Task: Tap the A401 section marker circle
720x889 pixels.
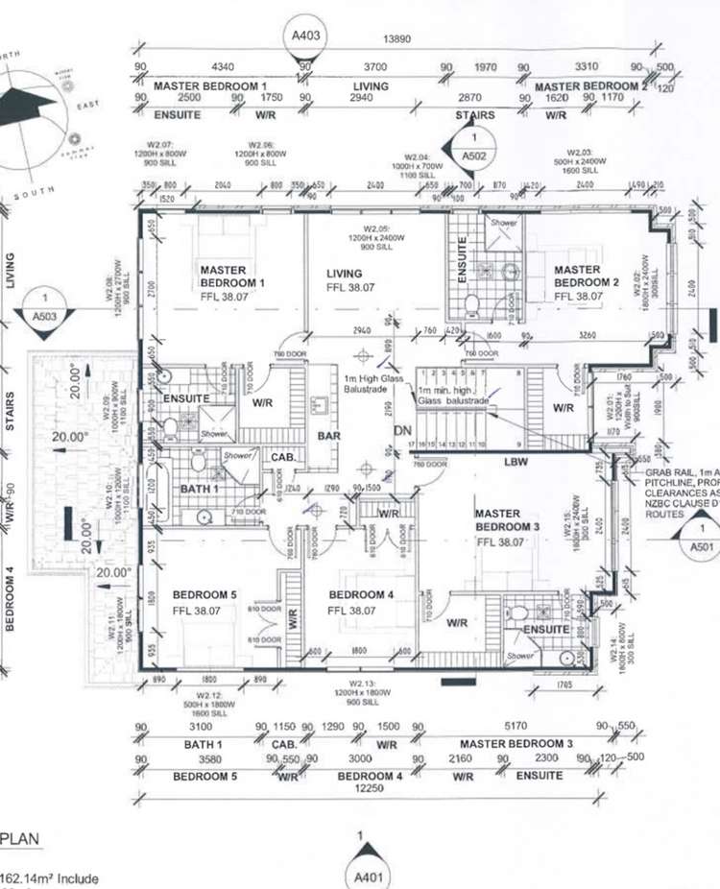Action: (x=362, y=876)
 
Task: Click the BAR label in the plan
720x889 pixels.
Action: (x=329, y=435)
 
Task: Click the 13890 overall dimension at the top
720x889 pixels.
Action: (x=398, y=38)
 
